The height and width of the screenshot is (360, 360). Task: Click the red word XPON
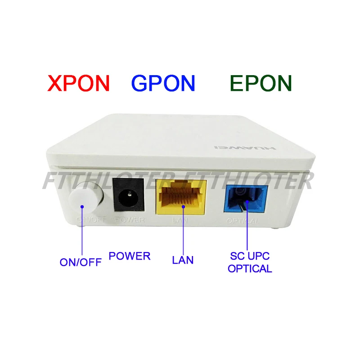click(79, 84)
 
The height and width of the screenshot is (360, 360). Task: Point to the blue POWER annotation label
click(130, 256)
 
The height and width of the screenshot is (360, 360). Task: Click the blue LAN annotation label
click(183, 260)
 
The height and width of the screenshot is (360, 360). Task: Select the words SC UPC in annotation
click(249, 257)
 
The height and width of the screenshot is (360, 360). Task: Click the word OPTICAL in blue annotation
click(250, 269)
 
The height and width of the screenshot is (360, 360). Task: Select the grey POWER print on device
click(130, 220)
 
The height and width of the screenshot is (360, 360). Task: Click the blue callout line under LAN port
click(183, 234)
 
